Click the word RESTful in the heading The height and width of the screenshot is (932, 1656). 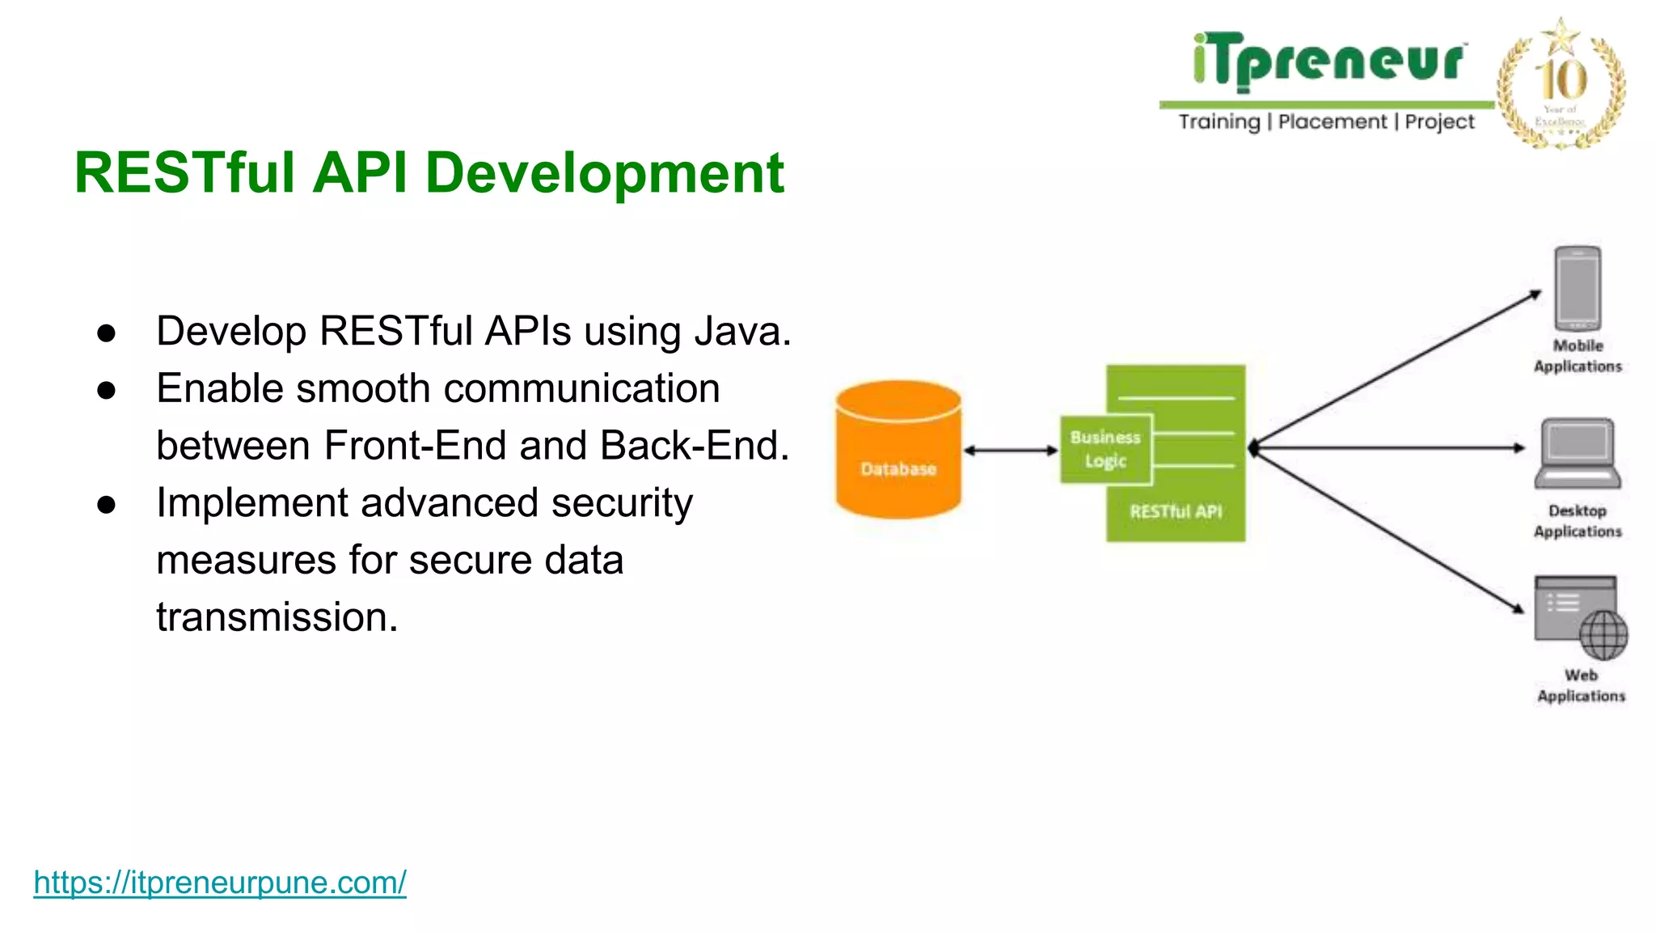184,173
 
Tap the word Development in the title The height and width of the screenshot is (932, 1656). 604,173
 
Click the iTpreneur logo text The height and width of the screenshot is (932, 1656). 1328,61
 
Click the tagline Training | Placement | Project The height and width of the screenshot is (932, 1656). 1326,122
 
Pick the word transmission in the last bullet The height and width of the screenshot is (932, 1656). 276,617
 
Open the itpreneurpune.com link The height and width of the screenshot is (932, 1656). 220,882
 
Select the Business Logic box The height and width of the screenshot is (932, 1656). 1105,450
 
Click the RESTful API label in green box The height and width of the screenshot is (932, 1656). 1176,511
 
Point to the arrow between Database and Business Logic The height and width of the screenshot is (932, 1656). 1011,451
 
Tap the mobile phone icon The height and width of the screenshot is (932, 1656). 1578,287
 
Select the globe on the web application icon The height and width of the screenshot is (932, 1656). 1603,635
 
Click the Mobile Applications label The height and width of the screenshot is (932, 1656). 1578,356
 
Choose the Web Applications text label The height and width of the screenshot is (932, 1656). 1581,685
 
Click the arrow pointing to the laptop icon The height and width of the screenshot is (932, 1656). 1391,447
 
